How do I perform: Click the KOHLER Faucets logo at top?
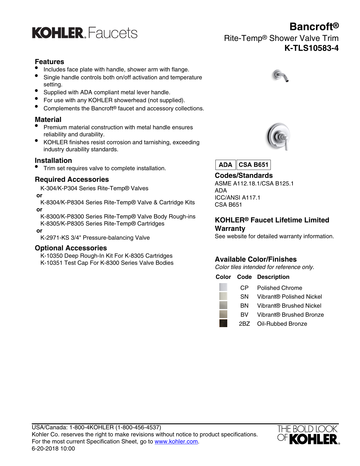pyautogui.click(x=85, y=33)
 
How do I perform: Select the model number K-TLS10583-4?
pyautogui.click(x=311, y=48)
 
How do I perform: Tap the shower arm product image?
pyautogui.click(x=280, y=76)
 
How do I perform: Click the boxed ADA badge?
pyautogui.click(x=225, y=165)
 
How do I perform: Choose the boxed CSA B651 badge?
pyautogui.click(x=253, y=165)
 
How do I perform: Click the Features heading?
pyautogui.click(x=49, y=62)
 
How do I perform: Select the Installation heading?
pyautogui.click(x=53, y=161)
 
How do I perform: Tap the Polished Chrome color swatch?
pyautogui.click(x=223, y=287)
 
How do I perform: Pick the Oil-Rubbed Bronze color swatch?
pyautogui.click(x=223, y=323)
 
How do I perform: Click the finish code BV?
pyautogui.click(x=244, y=315)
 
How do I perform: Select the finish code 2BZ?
pyautogui.click(x=244, y=324)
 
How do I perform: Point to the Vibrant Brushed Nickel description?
pyautogui.click(x=289, y=306)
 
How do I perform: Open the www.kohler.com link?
pyautogui.click(x=176, y=441)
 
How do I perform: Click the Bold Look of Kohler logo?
pyautogui.click(x=308, y=435)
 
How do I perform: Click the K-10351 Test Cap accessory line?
pyautogui.click(x=107, y=263)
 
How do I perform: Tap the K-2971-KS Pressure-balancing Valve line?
pyautogui.click(x=95, y=238)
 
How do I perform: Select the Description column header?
pyautogui.click(x=273, y=277)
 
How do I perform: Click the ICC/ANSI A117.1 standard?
pyautogui.click(x=237, y=198)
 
